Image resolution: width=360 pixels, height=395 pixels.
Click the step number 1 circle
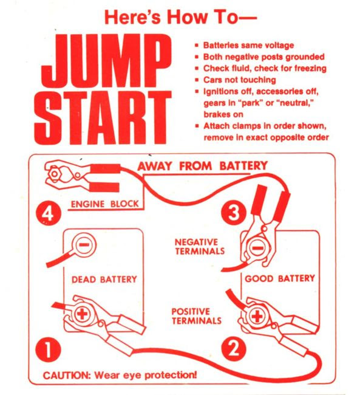click(x=48, y=349)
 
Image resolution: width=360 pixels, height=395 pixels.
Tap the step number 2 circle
click(x=234, y=349)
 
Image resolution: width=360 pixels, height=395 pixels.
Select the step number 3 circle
click(x=233, y=213)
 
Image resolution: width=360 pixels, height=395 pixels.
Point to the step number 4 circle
click(x=49, y=214)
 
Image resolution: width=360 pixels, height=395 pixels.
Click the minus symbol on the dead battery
click(x=84, y=245)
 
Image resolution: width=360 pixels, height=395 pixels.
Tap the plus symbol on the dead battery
click(x=83, y=314)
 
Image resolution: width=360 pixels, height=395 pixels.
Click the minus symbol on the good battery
click(x=258, y=248)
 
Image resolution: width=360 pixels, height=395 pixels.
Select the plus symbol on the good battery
click(x=257, y=316)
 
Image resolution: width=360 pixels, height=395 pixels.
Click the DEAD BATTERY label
click(x=104, y=280)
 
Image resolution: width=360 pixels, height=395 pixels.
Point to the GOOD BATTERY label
click(x=280, y=278)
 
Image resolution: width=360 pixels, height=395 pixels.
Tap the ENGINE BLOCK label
click(x=104, y=204)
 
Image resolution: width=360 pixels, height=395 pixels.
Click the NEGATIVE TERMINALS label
click(x=200, y=247)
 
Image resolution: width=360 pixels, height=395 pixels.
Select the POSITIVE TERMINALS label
click(x=196, y=316)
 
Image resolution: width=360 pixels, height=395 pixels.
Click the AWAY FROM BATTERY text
click(x=203, y=166)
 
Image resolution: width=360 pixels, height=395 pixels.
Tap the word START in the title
click(x=103, y=117)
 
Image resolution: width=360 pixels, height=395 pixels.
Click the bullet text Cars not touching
click(x=239, y=80)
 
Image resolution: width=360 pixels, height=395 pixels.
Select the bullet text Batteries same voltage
click(x=248, y=46)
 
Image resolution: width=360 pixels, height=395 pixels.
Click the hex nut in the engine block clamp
click(x=54, y=174)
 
